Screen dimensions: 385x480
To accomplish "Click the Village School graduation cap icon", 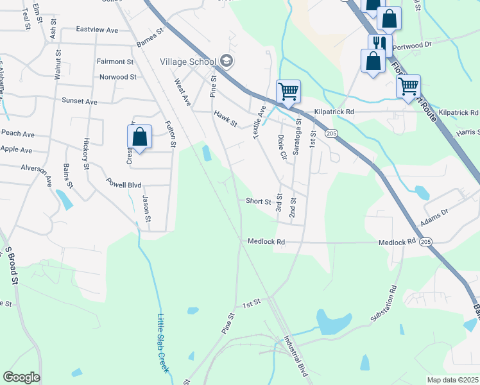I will [x=226, y=62].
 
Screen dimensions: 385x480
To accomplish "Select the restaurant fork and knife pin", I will [x=376, y=44].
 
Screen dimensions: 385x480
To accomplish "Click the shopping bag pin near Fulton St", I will [x=139, y=137].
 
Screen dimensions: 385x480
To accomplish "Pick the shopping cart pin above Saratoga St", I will [x=289, y=91].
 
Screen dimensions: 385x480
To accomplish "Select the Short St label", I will [x=259, y=201].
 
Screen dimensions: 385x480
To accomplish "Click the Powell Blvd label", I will [x=123, y=184].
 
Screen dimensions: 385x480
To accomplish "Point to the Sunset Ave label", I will [x=79, y=101].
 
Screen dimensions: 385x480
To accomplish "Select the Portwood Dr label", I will [x=431, y=44].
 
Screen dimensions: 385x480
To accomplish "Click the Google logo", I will [x=21, y=377].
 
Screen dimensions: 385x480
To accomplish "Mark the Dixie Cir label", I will [x=281, y=147].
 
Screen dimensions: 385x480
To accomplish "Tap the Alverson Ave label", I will [x=39, y=173].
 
